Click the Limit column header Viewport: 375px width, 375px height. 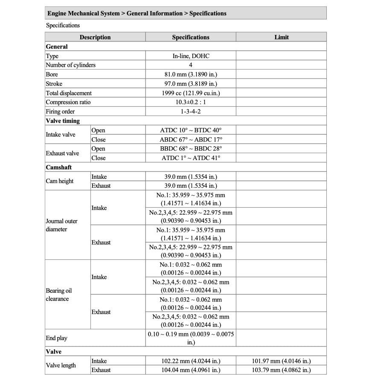click(281, 37)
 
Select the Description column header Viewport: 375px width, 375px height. click(95, 37)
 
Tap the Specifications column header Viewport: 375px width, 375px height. click(190, 37)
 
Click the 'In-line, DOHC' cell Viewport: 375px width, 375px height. click(190, 56)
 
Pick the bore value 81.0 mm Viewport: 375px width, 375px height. click(190, 74)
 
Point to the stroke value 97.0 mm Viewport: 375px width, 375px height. click(190, 84)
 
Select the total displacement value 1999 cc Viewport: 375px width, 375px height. click(190, 93)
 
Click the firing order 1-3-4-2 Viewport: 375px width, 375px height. click(190, 111)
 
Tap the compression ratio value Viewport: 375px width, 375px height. click(190, 102)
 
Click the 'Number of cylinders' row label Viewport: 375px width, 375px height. click(71, 65)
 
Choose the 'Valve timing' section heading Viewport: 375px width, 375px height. click(63, 121)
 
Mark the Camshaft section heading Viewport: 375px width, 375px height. click(59, 167)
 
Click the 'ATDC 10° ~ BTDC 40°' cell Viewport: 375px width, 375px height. click(190, 130)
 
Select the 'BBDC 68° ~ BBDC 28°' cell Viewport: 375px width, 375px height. click(190, 148)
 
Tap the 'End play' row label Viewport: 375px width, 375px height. click(57, 338)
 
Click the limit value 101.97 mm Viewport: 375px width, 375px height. click(281, 361)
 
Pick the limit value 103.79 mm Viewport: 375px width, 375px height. click(281, 370)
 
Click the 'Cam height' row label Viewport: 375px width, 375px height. click(60, 181)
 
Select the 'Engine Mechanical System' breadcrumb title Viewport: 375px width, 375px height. click(84, 13)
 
